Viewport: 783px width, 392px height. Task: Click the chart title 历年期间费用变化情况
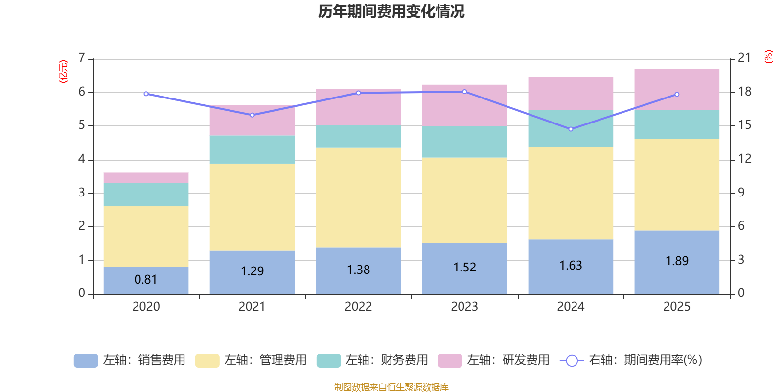(391, 11)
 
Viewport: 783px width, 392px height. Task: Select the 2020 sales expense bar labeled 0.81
(146, 280)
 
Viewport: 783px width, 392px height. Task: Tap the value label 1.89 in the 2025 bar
(677, 261)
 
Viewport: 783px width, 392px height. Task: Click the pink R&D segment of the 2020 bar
(146, 177)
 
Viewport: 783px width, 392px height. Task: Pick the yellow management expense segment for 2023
(464, 200)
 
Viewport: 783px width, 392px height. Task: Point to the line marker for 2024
(571, 129)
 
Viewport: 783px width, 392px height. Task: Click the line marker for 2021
(252, 115)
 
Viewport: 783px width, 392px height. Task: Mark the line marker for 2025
(677, 94)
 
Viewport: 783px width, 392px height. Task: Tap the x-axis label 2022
(358, 307)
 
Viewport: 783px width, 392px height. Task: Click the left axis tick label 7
(82, 58)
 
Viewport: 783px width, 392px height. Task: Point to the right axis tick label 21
(744, 58)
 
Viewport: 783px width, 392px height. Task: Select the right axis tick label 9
(741, 193)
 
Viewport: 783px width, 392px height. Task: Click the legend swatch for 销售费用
(86, 361)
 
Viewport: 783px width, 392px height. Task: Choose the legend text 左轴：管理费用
(265, 360)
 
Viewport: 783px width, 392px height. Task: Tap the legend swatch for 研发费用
(450, 361)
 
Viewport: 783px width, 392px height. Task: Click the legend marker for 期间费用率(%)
(572, 361)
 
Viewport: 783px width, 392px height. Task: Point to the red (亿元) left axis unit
(63, 72)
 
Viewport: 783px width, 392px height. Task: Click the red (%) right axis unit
(768, 57)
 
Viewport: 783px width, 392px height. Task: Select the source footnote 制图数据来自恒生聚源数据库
(391, 387)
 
